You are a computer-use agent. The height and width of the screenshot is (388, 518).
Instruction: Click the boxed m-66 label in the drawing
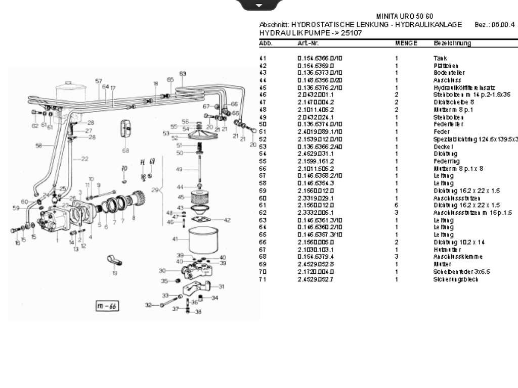[107, 306]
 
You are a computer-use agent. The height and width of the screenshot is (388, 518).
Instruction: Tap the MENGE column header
[406, 44]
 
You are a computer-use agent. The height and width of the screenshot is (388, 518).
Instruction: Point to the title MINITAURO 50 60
[405, 17]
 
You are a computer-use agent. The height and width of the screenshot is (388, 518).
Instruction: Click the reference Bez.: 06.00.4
[495, 25]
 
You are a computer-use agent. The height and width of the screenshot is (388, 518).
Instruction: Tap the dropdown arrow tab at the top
[259, 5]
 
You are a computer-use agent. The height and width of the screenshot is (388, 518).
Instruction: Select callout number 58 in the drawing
[38, 145]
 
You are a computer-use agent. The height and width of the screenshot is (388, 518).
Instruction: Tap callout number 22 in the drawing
[84, 159]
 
